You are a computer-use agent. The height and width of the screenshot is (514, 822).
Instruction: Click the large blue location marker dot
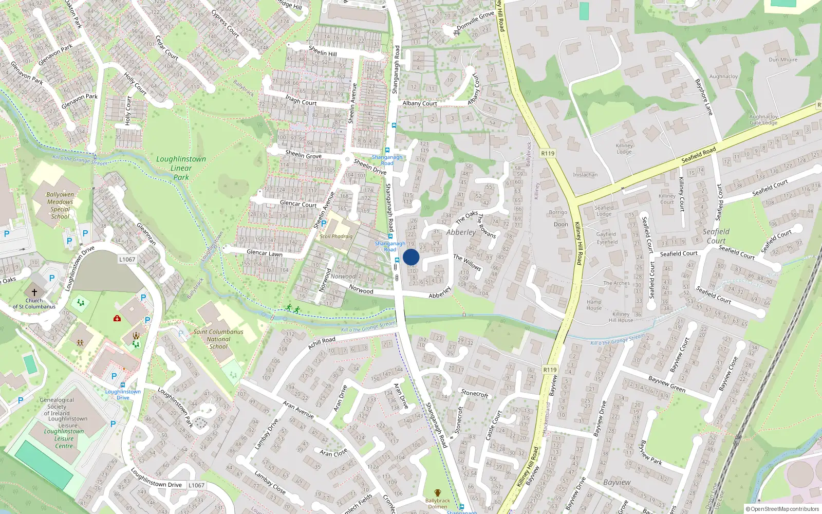click(x=411, y=257)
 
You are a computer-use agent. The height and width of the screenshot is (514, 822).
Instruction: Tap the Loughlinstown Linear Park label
click(x=181, y=168)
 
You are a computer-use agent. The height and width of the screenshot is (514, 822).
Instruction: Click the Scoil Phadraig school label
click(x=337, y=236)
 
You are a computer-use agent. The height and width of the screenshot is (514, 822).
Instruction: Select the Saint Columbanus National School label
click(x=218, y=339)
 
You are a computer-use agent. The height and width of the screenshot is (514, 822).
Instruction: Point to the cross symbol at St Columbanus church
click(x=34, y=292)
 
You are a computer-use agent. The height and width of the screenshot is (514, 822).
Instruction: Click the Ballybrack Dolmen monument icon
click(x=438, y=493)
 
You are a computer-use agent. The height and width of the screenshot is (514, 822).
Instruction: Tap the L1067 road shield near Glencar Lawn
click(x=127, y=260)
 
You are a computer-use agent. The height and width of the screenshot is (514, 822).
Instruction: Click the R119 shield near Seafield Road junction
click(x=548, y=153)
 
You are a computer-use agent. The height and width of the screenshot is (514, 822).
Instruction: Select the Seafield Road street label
click(x=698, y=155)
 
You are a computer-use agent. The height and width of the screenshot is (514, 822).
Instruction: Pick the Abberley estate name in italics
click(x=461, y=232)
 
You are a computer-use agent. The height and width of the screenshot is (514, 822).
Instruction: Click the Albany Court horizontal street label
click(x=420, y=103)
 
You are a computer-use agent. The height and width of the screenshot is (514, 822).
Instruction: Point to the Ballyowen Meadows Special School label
click(x=60, y=206)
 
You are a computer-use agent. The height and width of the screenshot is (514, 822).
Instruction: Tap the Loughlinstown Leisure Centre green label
click(x=64, y=438)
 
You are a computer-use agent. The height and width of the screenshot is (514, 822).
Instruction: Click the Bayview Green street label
click(x=667, y=384)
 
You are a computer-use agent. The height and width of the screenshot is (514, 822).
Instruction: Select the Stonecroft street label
click(x=474, y=394)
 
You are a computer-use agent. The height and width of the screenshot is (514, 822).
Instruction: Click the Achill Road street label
click(x=322, y=343)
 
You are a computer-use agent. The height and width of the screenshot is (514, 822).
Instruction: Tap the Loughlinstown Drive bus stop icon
click(x=123, y=384)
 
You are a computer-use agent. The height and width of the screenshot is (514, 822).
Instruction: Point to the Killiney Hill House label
click(x=621, y=317)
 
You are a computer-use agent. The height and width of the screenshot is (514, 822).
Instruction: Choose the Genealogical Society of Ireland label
click(x=57, y=407)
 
